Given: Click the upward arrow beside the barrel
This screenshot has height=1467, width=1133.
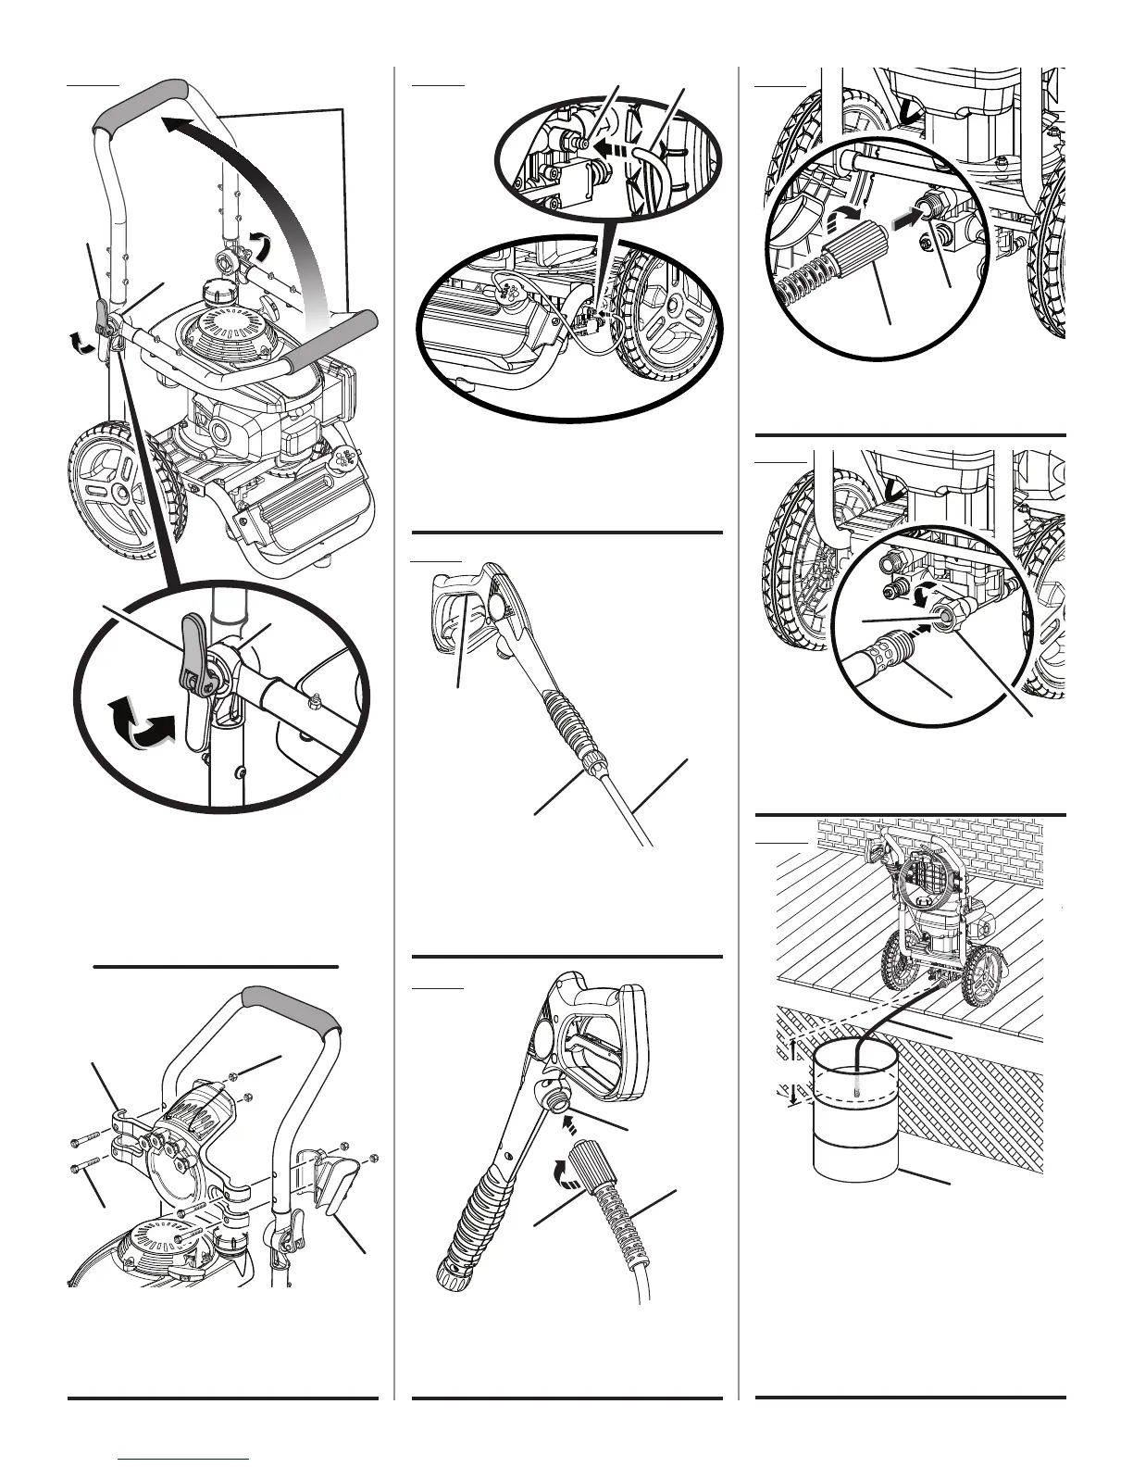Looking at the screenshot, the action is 793,1047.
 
